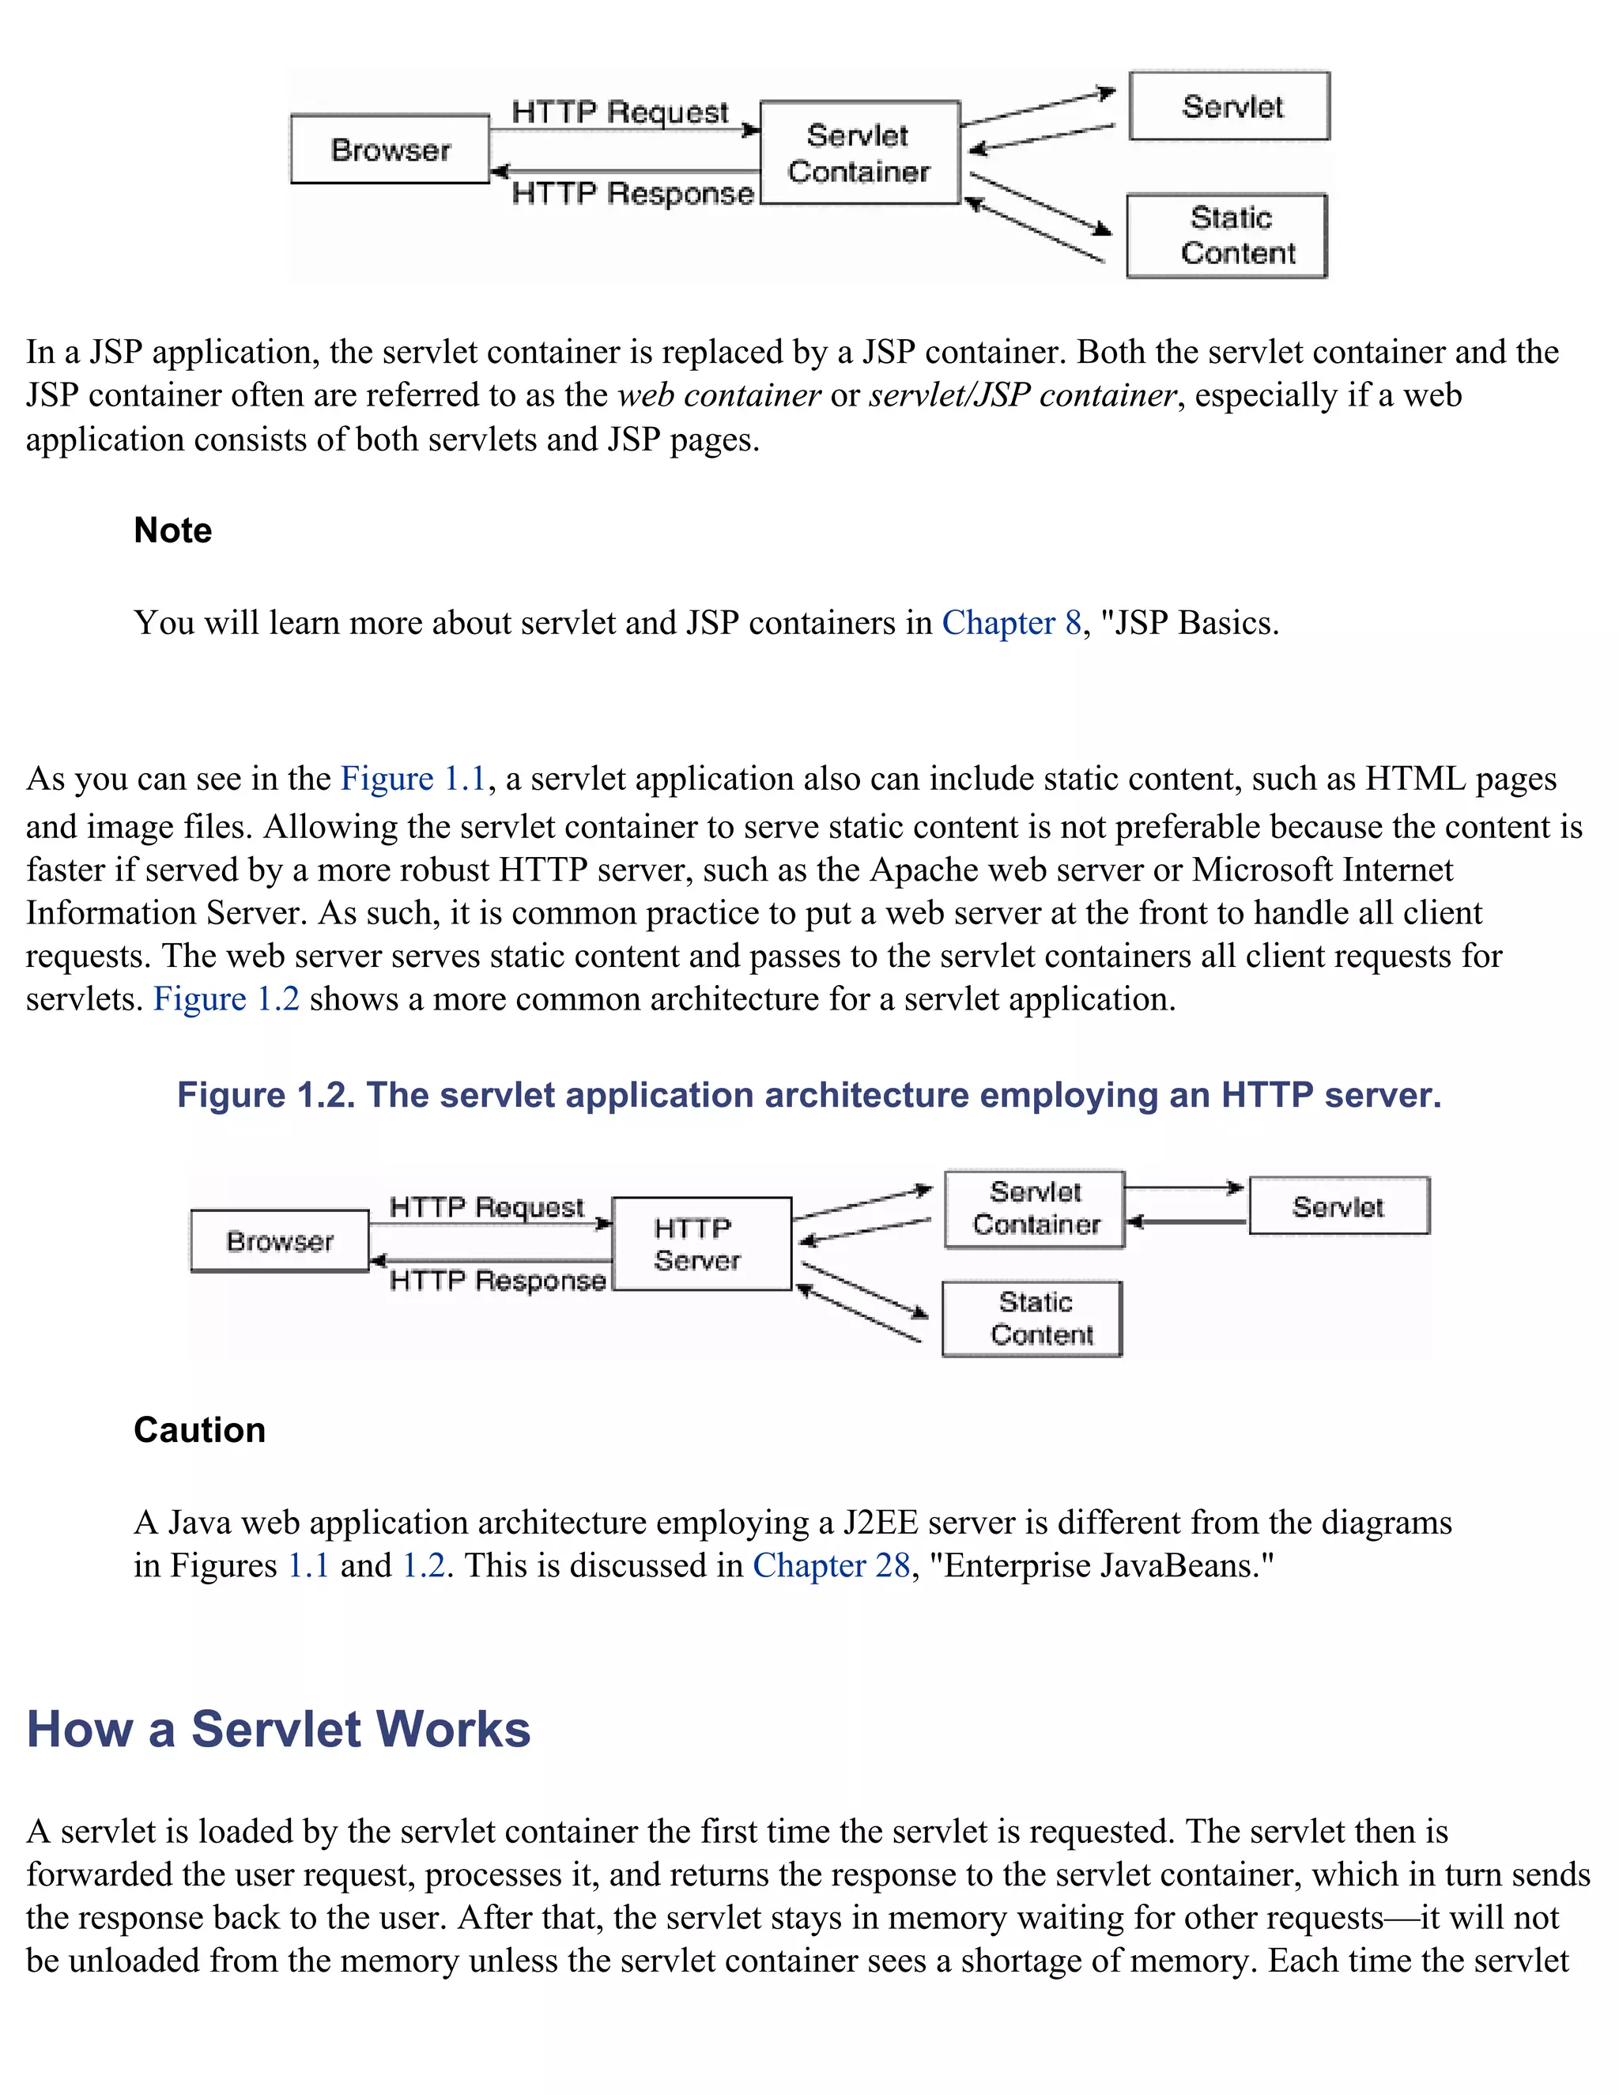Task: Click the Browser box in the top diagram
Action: coord(391,149)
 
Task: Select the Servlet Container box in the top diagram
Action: coord(859,153)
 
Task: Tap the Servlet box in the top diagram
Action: coord(1229,105)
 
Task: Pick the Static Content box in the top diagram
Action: coord(1227,236)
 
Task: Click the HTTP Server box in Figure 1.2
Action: coord(702,1244)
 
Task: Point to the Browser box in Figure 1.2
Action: coord(280,1241)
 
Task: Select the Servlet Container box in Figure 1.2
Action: coord(1035,1209)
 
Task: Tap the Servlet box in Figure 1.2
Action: coord(1339,1206)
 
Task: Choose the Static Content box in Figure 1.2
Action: coord(1032,1319)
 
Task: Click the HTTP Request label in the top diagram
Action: coord(620,112)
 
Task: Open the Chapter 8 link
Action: coord(1011,624)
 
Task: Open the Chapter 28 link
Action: coord(831,1565)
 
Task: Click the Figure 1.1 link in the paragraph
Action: coord(413,779)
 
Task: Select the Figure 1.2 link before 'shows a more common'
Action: coord(226,999)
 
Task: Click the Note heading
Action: coord(172,530)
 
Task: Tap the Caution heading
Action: coord(199,1430)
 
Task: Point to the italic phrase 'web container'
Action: coord(719,395)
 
